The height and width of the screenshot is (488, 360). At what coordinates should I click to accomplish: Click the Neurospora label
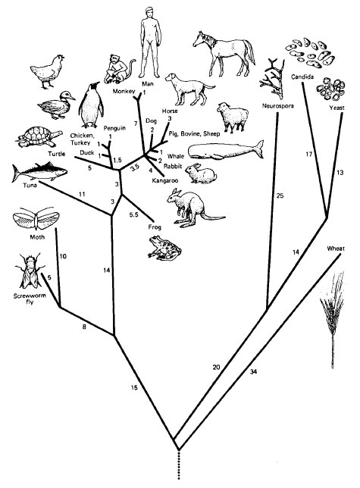278,106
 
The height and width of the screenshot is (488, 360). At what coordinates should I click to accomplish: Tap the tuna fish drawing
39,171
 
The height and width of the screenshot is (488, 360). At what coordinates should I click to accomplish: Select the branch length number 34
254,371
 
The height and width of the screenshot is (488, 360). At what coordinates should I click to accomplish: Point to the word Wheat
336,249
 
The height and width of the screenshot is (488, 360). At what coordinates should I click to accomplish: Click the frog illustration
164,248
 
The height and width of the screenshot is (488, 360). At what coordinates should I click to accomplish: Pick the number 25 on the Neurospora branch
280,196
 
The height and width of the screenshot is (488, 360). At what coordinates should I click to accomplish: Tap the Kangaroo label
165,180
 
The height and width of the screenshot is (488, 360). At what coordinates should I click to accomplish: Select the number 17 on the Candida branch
308,154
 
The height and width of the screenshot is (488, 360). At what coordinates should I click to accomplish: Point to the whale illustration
226,151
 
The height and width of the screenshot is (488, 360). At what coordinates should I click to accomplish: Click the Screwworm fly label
30,299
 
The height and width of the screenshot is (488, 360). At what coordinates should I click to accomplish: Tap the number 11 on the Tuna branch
82,195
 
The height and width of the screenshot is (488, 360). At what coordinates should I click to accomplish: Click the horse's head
200,39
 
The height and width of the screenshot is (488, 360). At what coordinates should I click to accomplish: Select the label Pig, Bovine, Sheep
194,134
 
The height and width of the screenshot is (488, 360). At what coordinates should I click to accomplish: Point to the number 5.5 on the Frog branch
133,214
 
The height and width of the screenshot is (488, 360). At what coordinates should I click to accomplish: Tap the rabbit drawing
200,174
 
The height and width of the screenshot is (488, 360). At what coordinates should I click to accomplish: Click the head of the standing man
150,13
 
